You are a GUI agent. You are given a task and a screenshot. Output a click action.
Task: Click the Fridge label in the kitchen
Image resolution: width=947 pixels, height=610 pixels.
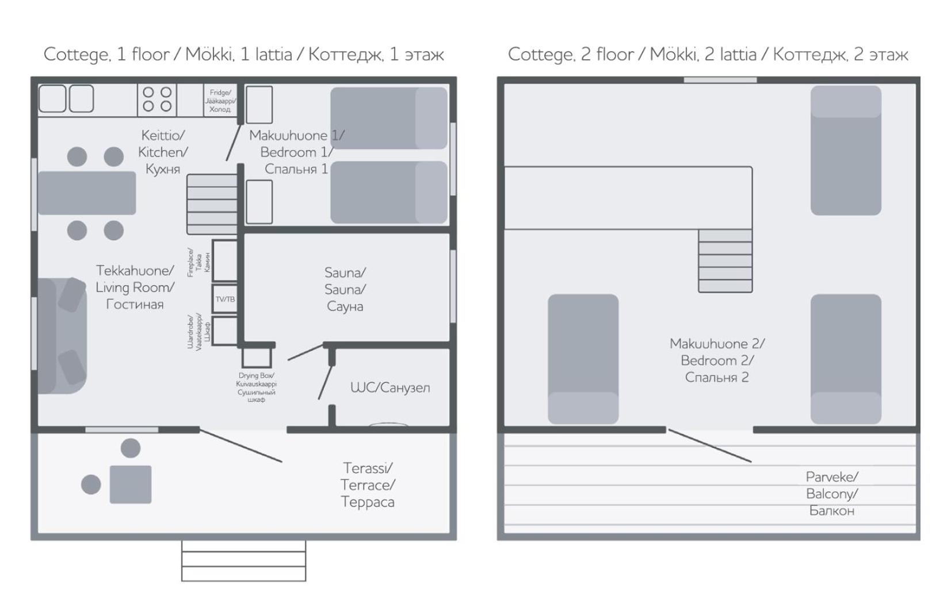pyautogui.click(x=220, y=101)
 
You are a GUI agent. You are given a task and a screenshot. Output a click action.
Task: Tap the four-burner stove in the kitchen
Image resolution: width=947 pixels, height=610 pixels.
pyautogui.click(x=157, y=99)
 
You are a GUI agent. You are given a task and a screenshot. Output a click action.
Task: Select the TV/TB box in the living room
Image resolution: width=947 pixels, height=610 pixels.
pyautogui.click(x=225, y=299)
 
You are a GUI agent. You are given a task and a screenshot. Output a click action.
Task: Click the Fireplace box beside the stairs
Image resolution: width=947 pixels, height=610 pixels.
pyautogui.click(x=225, y=260)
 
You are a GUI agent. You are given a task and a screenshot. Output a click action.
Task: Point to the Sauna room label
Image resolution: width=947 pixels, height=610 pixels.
pyautogui.click(x=345, y=289)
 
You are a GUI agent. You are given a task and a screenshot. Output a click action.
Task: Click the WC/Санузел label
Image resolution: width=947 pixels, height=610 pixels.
pyautogui.click(x=390, y=388)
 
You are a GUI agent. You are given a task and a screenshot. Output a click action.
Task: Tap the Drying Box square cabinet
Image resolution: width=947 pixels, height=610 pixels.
pyautogui.click(x=257, y=357)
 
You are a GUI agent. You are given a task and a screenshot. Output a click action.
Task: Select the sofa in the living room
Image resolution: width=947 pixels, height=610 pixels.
pyautogui.click(x=62, y=336)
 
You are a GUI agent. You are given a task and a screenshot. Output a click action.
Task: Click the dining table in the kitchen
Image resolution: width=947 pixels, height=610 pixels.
pyautogui.click(x=87, y=193)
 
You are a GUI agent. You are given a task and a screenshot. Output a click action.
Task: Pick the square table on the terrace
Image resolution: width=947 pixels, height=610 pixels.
pyautogui.click(x=131, y=484)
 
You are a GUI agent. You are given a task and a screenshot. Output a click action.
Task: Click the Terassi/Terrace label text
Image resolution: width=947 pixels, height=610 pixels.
pyautogui.click(x=368, y=485)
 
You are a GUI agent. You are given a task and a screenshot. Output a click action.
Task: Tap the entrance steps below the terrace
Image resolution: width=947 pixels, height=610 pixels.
pyautogui.click(x=244, y=561)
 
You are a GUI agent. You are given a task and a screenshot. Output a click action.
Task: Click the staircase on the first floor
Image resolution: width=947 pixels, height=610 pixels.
pyautogui.click(x=212, y=204)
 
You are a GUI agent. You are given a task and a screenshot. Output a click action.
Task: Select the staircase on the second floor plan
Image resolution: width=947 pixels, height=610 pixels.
pyautogui.click(x=725, y=260)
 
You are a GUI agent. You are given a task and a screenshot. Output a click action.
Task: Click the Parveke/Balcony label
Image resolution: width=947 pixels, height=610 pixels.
pyautogui.click(x=832, y=493)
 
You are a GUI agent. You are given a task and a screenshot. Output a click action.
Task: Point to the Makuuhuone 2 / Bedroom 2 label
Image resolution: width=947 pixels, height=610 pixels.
pyautogui.click(x=717, y=360)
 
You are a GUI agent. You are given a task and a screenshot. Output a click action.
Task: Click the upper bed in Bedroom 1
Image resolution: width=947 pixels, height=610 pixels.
pyautogui.click(x=389, y=118)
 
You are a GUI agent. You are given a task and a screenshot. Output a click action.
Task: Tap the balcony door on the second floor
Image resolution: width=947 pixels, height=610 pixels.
pyautogui.click(x=710, y=446)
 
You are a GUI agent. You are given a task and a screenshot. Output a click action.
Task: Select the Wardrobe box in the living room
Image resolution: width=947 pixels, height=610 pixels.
pyautogui.click(x=225, y=331)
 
